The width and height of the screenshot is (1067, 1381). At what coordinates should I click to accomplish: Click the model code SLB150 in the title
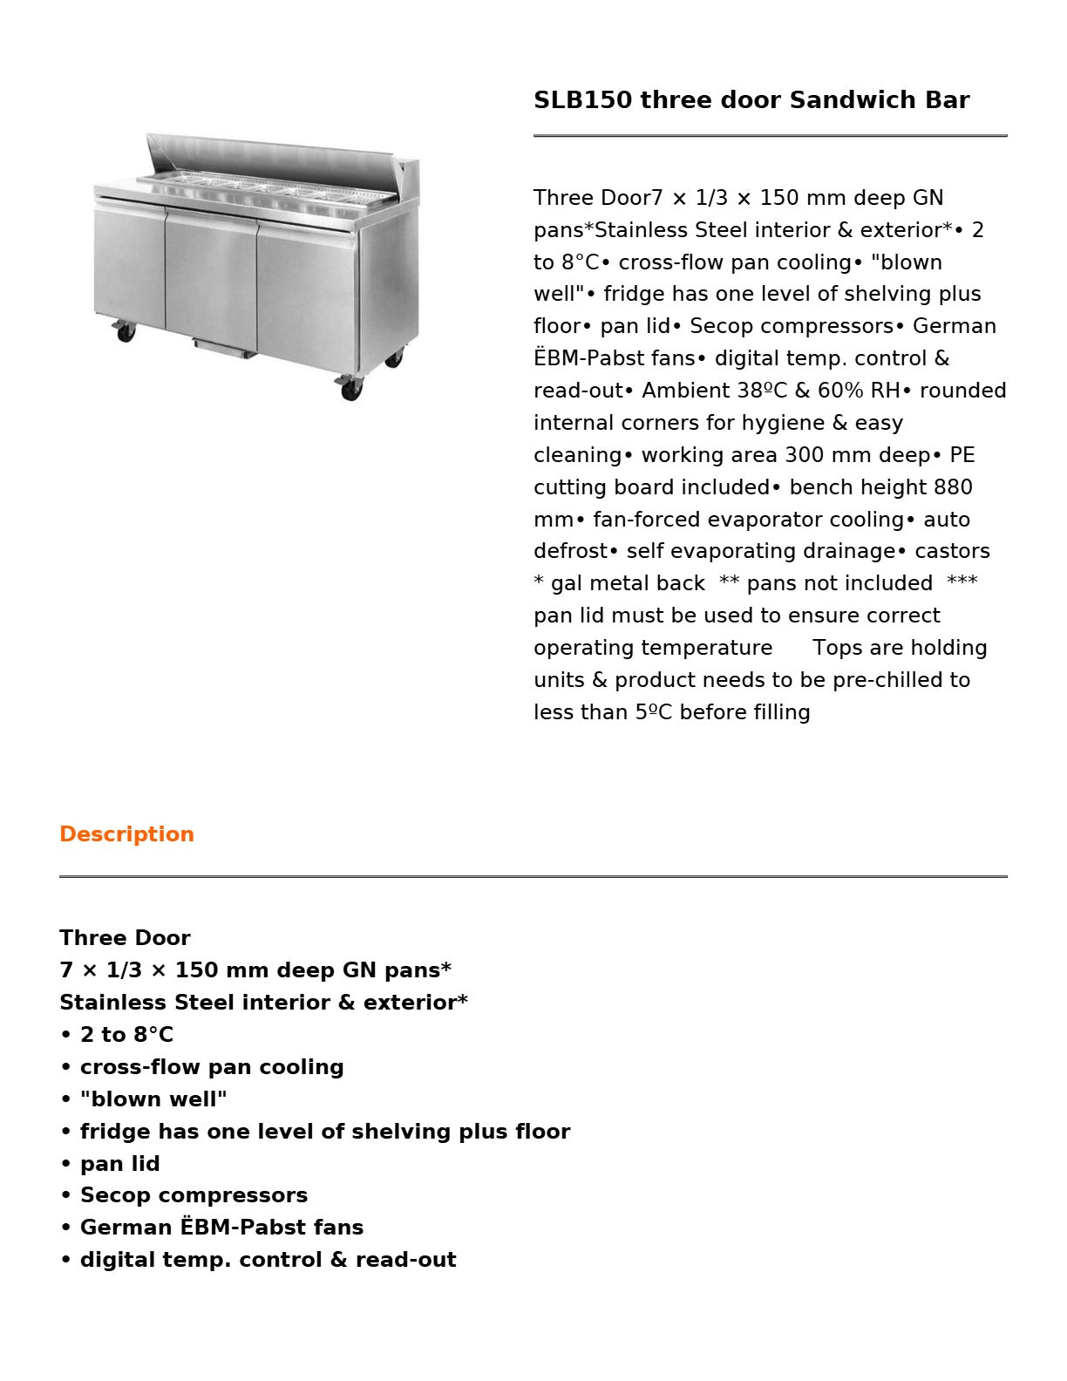pyautogui.click(x=582, y=100)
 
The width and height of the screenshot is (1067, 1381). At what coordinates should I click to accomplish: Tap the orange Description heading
pyautogui.click(x=126, y=834)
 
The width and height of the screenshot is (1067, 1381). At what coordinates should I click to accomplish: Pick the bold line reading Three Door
pyautogui.click(x=125, y=938)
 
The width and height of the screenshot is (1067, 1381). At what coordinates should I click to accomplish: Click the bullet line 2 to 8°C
pyautogui.click(x=126, y=1035)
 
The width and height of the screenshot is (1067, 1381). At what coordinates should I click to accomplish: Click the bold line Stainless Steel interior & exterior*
pyautogui.click(x=263, y=1003)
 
